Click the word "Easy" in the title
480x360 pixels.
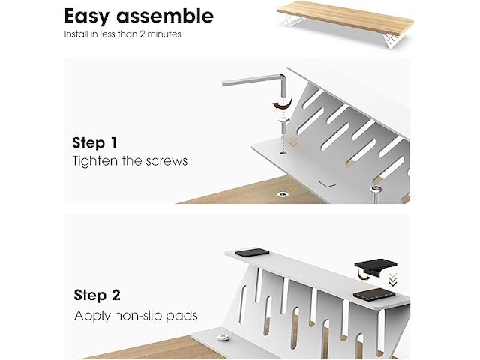tap(86, 16)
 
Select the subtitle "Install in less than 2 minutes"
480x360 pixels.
tap(122, 34)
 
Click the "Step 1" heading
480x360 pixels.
tap(95, 142)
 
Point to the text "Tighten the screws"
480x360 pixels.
tap(130, 161)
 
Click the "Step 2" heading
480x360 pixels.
tap(97, 295)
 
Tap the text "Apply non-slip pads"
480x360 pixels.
tap(136, 315)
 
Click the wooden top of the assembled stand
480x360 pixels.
tap(346, 16)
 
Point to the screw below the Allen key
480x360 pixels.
tap(283, 126)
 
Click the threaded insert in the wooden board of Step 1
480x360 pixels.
tap(281, 194)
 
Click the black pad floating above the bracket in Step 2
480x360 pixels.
tap(375, 267)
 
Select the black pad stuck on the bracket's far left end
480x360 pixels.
tap(252, 253)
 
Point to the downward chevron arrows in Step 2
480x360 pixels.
tap(393, 280)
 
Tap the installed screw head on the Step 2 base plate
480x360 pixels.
tap(223, 337)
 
